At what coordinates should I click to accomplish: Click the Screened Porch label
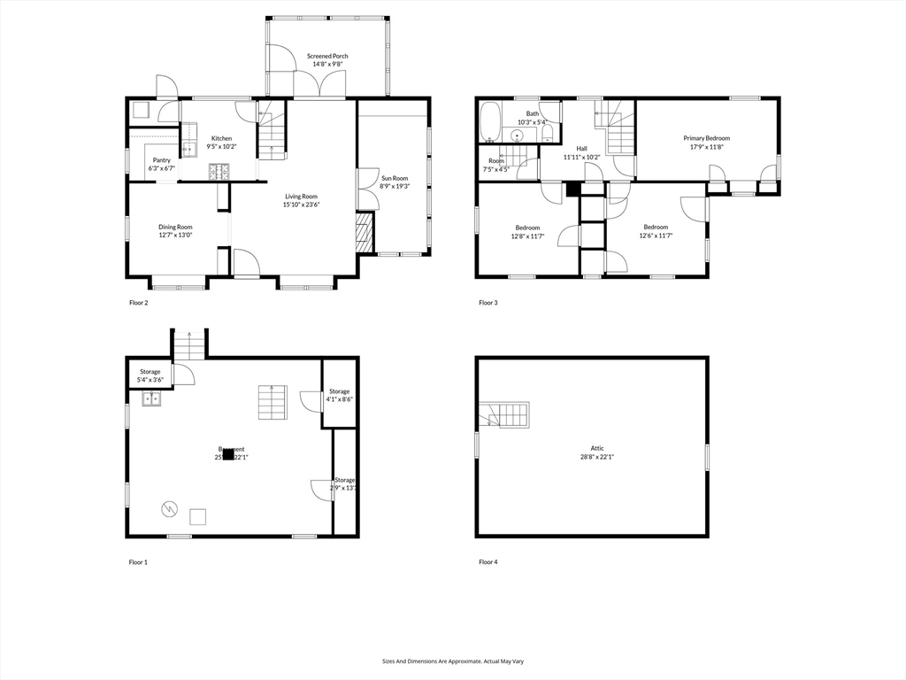pos(327,56)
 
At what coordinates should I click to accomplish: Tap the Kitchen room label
pos(221,138)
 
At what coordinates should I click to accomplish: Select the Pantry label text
pos(161,160)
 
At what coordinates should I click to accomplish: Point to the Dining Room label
pos(175,227)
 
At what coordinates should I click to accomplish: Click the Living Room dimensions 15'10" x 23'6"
pos(301,205)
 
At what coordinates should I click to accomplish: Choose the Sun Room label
pos(395,178)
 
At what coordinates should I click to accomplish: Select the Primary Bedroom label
pos(706,138)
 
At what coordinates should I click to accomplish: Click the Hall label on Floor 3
pos(581,149)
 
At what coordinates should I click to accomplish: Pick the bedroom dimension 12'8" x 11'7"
pos(528,236)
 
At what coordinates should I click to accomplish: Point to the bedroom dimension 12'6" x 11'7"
pos(655,236)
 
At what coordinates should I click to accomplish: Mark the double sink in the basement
pos(152,398)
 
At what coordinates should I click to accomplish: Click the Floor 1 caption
pos(138,562)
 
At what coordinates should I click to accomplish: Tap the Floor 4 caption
pos(488,562)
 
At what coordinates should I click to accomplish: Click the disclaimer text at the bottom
pos(453,661)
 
